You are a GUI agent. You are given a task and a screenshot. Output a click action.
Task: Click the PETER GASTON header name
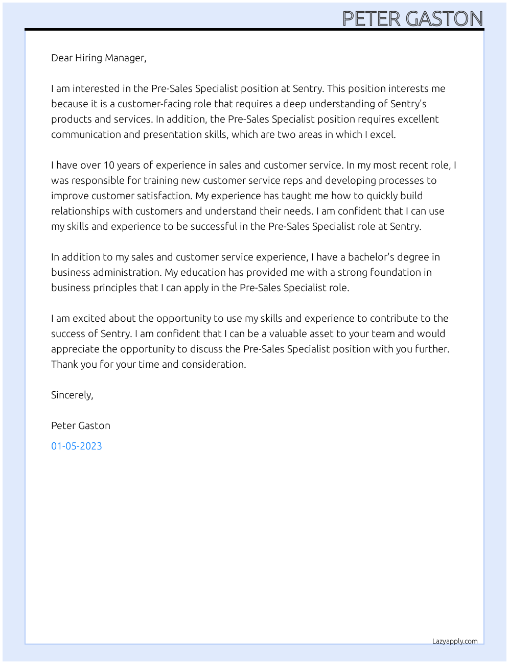click(412, 19)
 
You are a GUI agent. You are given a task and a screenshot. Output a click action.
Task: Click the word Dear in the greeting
click(62, 58)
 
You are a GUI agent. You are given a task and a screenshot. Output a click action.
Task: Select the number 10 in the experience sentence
click(109, 165)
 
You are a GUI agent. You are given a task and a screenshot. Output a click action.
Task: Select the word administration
click(123, 272)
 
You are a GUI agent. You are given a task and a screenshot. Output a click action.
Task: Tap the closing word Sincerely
click(72, 395)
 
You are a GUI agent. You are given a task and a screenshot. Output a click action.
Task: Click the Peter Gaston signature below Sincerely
click(81, 425)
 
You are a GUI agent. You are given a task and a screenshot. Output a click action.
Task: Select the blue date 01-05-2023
click(77, 446)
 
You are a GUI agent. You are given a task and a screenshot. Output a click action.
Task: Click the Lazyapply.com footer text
click(455, 641)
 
